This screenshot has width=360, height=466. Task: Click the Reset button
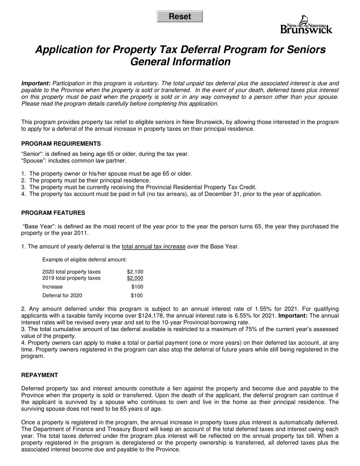coord(180,17)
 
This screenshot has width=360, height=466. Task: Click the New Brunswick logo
coord(306,25)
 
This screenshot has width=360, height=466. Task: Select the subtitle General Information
coord(180,62)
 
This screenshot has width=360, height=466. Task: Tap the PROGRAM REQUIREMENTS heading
coord(61,144)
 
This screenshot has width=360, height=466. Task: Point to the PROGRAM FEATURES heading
coord(53,213)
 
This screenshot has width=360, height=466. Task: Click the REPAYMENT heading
coord(39,375)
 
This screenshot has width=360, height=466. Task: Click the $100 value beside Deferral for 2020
coord(137,296)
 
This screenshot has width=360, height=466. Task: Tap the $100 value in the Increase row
coord(137,287)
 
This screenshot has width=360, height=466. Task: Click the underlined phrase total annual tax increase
coord(153,247)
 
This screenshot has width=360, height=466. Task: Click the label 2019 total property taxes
coord(71,278)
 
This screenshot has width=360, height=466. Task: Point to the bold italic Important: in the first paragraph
coord(36,83)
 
